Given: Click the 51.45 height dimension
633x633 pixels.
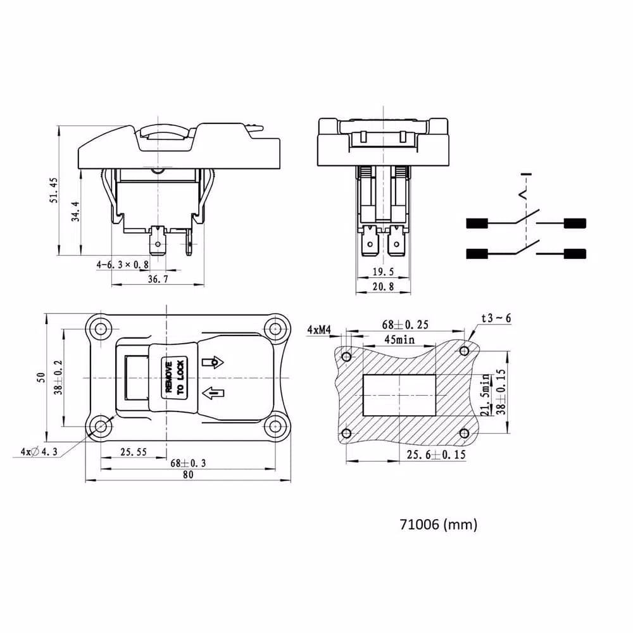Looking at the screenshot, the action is coord(54,190).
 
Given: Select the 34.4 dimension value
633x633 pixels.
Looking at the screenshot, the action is coord(75,211).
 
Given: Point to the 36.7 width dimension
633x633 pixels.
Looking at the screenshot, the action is coord(158,279).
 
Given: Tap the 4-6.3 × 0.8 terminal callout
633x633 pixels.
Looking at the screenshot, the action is coord(122,265).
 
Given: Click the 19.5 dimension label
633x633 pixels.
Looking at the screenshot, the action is coord(383,272).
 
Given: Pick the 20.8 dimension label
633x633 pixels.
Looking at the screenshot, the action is coord(383,287).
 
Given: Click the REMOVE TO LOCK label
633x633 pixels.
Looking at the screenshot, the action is coord(175,377).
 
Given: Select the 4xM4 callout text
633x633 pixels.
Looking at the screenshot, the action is coord(319,330).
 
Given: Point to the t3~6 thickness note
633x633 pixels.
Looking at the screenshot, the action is coord(496,318).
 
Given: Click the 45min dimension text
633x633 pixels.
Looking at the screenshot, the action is coord(399,339).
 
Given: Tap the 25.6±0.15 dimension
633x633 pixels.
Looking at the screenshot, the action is coord(436,455).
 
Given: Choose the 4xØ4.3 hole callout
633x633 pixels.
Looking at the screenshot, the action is coord(39,452).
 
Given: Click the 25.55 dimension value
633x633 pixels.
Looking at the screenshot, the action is coord(134,452).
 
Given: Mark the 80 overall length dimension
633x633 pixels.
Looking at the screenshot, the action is coord(188,475).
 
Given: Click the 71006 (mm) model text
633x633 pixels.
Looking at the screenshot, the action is coord(439,524).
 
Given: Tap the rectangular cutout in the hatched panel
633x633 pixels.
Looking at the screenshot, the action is coord(399,395).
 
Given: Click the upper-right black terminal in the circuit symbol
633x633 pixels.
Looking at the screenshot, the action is coord(575,223).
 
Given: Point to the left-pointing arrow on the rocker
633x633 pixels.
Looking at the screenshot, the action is coord(213,393).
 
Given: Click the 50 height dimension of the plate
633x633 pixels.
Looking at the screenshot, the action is coord(41,377).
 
